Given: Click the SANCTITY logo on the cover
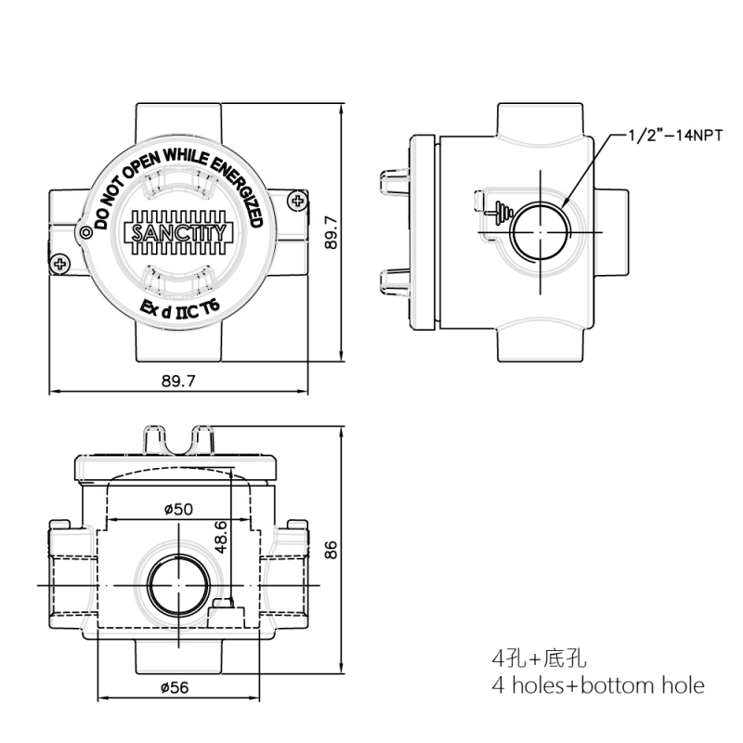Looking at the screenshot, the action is pos(178,232).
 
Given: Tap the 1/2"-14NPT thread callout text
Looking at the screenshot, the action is pos(676,136).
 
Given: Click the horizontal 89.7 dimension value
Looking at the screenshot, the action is pos(178,381).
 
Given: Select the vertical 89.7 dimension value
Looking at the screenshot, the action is pos(332,232).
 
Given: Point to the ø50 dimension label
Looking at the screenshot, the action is pos(178,509).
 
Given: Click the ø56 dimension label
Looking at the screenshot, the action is pos(175,687).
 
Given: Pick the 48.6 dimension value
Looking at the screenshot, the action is pos(221,537).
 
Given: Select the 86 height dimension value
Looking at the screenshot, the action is pos(331,550).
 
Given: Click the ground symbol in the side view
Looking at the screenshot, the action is pos(502,212).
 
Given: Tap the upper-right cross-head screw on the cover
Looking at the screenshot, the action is pos(297,201).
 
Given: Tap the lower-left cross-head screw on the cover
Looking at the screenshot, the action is pos(59,263).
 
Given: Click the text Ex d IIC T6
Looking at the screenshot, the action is pos(179,308).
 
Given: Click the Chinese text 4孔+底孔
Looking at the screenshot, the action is pos(540,658).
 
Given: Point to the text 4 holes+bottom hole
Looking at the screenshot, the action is pos(598,685).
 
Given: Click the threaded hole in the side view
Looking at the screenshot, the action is pos(541,232).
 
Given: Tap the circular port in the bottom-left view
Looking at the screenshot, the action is pos(178,585).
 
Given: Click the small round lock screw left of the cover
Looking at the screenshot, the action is pos(86,233).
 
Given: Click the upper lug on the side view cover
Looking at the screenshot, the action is pos(395,181).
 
